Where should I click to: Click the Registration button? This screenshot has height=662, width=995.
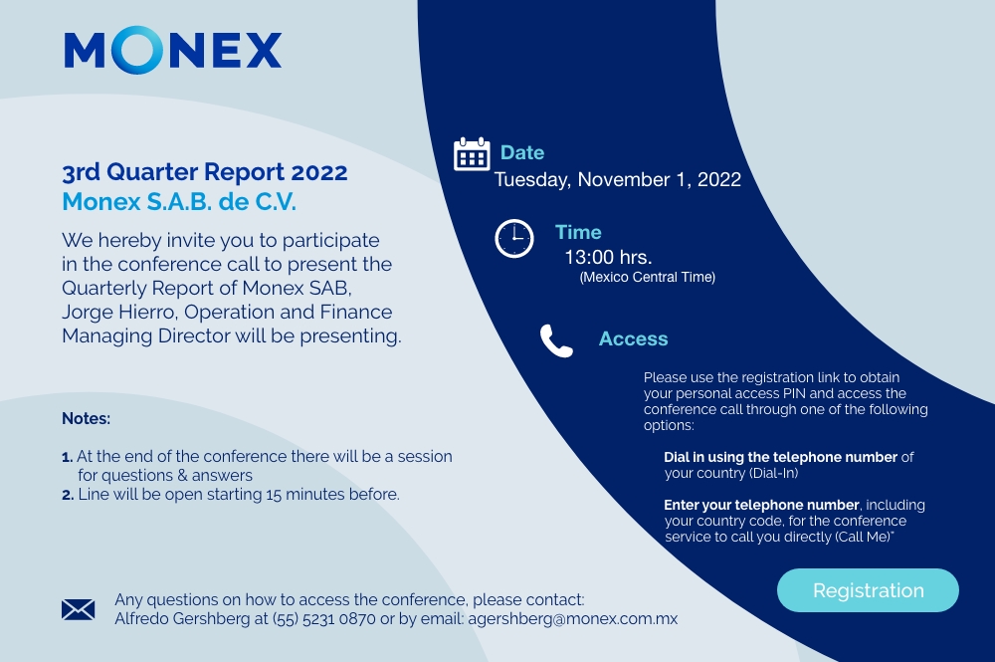868,590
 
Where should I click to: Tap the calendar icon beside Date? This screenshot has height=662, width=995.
472,154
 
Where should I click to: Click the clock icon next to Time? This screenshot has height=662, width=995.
514,239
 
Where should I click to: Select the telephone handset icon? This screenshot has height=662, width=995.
556,340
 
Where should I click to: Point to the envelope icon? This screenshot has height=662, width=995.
78,609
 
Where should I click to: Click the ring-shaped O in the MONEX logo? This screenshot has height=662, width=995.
137,50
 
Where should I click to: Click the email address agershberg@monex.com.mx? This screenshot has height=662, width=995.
573,619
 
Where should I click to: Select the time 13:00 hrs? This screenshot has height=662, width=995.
608,257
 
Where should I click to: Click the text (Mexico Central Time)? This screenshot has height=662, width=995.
648,278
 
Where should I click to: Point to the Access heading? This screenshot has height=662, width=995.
633,338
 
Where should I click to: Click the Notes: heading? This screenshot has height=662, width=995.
86,419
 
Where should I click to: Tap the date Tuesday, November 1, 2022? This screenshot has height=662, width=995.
618,179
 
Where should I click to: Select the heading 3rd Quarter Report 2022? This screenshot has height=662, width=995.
204,172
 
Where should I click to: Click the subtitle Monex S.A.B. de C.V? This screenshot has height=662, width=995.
179,202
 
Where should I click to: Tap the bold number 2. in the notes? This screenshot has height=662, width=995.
68,495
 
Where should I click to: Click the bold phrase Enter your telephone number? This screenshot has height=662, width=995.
761,506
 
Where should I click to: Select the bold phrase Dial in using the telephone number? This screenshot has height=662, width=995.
780,457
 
